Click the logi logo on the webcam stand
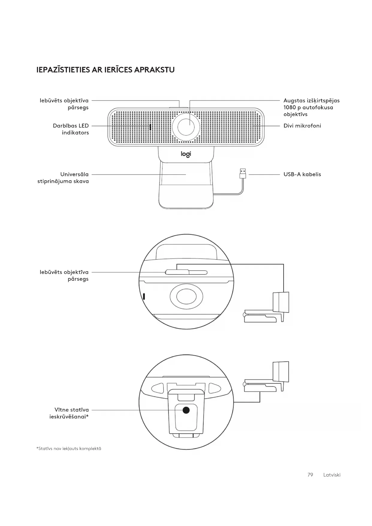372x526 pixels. click(186, 154)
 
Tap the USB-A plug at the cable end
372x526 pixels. click(243, 173)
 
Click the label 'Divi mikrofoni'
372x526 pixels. click(302, 126)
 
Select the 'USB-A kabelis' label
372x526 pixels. click(302, 174)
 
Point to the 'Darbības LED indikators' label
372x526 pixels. click(71, 129)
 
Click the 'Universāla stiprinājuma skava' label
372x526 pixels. click(63, 178)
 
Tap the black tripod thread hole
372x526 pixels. click(186, 410)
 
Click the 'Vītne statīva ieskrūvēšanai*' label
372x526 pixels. click(69, 413)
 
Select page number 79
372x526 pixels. click(310, 475)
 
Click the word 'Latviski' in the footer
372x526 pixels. click(332, 475)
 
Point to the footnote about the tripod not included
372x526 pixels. click(69, 449)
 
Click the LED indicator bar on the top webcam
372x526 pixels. click(150, 127)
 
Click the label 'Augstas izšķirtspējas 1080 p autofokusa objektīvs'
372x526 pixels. click(311, 107)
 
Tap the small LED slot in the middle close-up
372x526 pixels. click(144, 296)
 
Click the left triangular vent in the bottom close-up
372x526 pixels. click(158, 388)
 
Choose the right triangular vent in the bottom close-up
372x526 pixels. click(214, 388)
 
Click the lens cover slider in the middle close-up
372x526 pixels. click(177, 272)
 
